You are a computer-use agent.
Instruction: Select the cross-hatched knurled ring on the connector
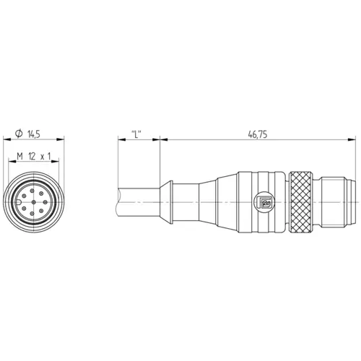pos(303,203)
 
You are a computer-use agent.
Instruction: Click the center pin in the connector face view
pos(35,203)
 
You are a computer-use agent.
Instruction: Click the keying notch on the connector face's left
pos(15,203)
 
